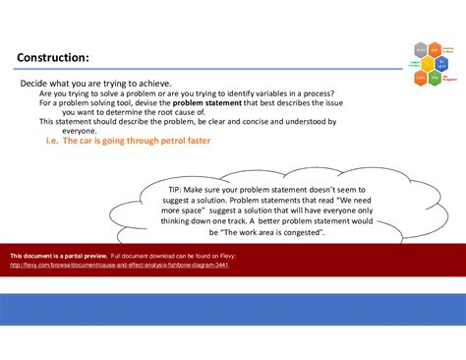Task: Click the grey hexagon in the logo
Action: pos(420,49)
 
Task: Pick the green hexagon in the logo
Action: pos(435,77)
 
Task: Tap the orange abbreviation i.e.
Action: pos(53,141)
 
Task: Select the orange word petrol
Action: pos(171,141)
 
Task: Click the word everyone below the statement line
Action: pos(79,131)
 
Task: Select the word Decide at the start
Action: pos(36,83)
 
